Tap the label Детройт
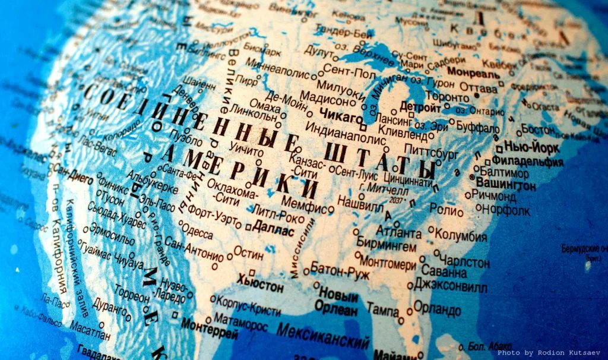420,107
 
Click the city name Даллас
273,228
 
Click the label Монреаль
473,72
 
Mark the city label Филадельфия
527,161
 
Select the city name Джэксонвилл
451,286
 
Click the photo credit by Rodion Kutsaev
549,353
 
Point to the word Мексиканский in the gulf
323,336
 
